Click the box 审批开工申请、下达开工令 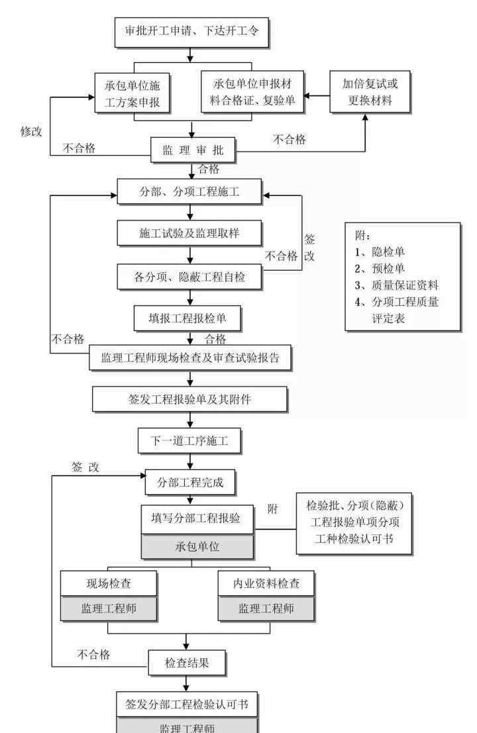[x=191, y=31]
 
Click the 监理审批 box [x=192, y=151]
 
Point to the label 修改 [x=31, y=131]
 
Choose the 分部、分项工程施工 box [x=190, y=193]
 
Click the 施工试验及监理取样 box [x=190, y=233]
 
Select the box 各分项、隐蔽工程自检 [x=190, y=277]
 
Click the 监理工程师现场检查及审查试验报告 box [x=190, y=358]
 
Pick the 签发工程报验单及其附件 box [x=190, y=399]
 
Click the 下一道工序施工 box [x=189, y=441]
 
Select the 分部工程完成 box [x=190, y=482]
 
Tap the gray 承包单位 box [x=197, y=547]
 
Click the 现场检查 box [x=109, y=583]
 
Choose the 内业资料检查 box [x=266, y=583]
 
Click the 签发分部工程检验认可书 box [x=187, y=703]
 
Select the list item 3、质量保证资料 [x=396, y=285]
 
